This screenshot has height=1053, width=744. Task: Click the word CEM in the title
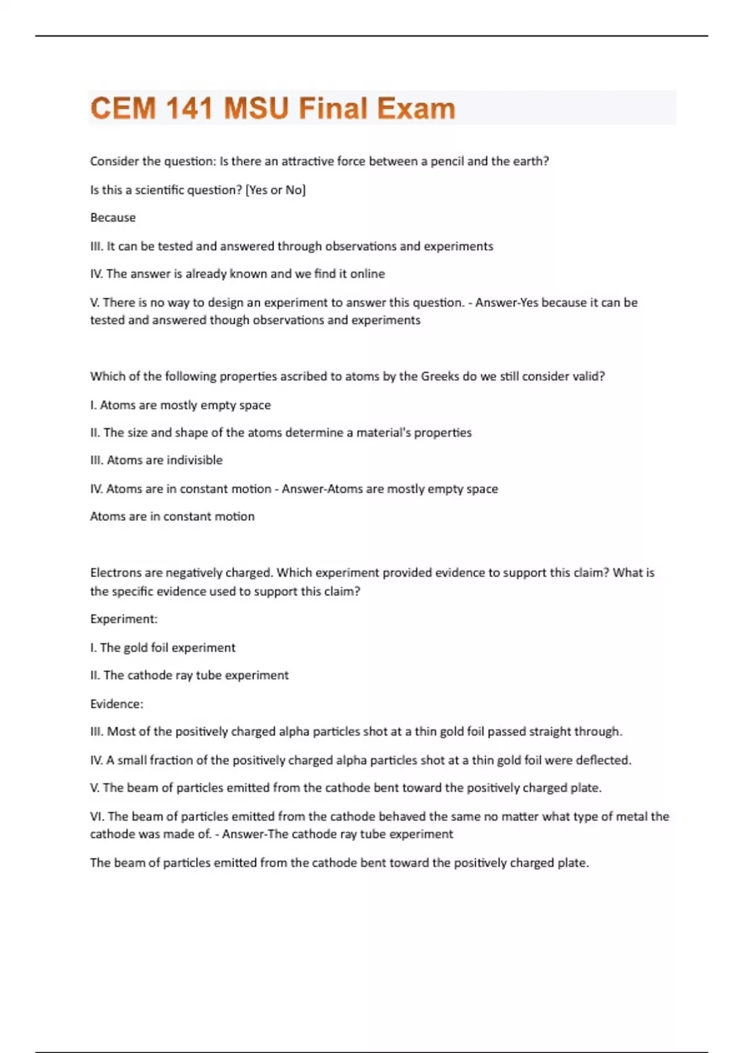pos(123,108)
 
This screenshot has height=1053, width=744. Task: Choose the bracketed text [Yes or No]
pos(276,190)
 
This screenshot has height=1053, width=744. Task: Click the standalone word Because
pos(113,217)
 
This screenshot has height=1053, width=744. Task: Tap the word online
pos(368,274)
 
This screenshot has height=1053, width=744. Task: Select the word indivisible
pos(194,460)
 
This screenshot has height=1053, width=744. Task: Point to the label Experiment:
pos(124,619)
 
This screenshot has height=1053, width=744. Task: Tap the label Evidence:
pos(117,704)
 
